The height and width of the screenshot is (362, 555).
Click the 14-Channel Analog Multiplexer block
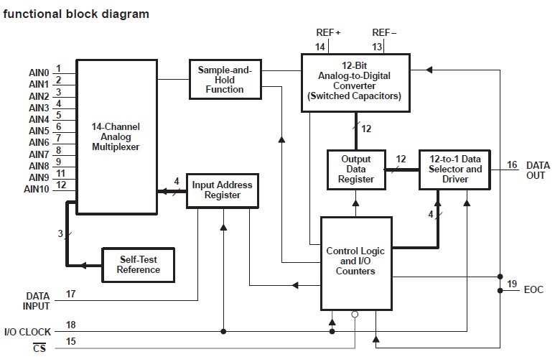tap(116, 136)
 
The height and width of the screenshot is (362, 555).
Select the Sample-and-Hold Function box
tap(225, 79)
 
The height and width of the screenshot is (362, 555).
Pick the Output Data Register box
tap(356, 169)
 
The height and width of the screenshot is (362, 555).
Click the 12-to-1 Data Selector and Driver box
tap(455, 169)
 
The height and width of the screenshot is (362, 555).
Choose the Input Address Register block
tap(223, 190)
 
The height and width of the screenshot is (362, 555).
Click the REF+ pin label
tap(328, 33)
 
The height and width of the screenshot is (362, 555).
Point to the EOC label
tap(533, 289)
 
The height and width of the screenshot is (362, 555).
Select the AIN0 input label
tap(39, 73)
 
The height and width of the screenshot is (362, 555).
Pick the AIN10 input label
tap(37, 190)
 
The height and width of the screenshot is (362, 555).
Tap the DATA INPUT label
tap(37, 300)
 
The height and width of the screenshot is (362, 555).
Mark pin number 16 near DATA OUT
tap(512, 164)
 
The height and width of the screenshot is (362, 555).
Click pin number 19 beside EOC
tap(511, 284)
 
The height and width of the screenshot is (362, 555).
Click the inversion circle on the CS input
tap(355, 314)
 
